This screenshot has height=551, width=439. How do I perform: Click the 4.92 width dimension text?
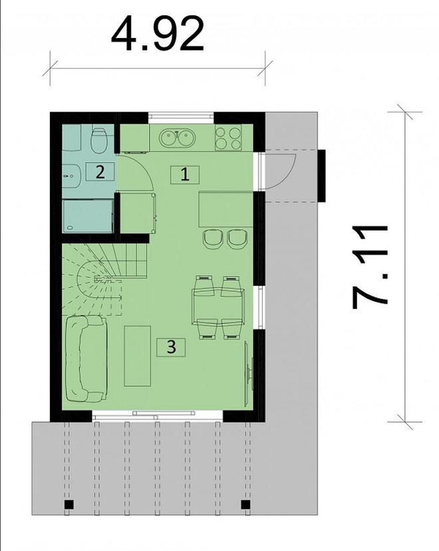[x=158, y=35]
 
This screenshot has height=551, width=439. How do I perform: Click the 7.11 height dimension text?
[x=370, y=266]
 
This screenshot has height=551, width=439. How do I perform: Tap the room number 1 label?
[x=186, y=175]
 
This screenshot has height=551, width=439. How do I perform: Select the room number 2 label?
[x=100, y=171]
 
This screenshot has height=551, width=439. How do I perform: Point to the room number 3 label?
[x=171, y=346]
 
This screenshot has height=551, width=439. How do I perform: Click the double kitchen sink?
[x=177, y=138]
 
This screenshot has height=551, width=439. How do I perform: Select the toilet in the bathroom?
[x=98, y=140]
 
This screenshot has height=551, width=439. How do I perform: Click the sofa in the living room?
[x=84, y=359]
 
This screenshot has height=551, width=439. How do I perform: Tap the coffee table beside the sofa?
[x=138, y=356]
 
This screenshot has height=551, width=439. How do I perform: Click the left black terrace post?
[x=69, y=505]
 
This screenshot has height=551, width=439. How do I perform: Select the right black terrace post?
[x=245, y=505]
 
